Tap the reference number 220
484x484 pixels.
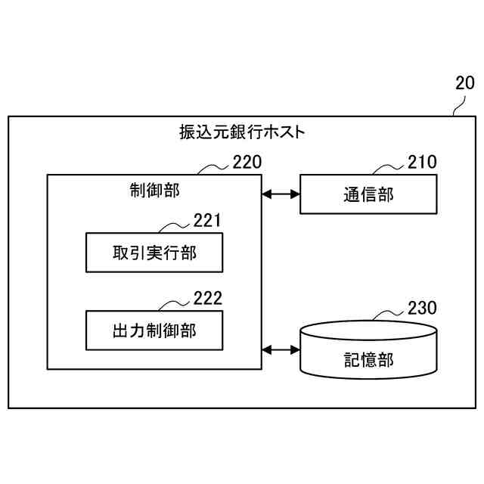tap(247, 162)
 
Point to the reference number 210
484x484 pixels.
tap(421, 162)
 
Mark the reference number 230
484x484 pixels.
tap(421, 308)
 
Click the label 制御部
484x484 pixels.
tap(154, 190)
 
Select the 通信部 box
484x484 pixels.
tap(368, 194)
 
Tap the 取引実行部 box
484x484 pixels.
tap(154, 253)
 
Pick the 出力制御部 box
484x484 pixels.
tap(154, 330)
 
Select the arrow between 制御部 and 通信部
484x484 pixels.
tap(281, 194)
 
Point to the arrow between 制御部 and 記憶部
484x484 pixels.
tap(281, 349)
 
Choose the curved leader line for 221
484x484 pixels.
tap(175, 226)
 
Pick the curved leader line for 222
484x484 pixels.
tap(175, 304)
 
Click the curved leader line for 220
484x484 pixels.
tap(214, 169)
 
